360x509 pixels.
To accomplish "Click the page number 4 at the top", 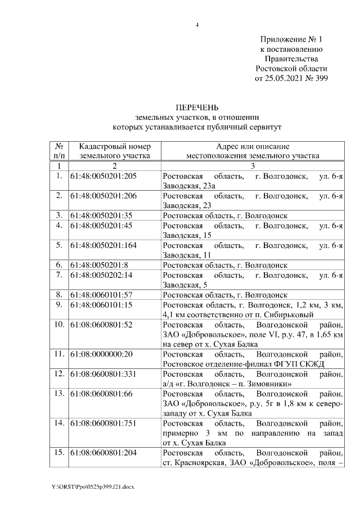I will click(197, 25).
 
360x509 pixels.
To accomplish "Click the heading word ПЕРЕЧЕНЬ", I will click(197, 107).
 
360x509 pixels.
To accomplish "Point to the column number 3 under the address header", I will click(253, 166).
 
